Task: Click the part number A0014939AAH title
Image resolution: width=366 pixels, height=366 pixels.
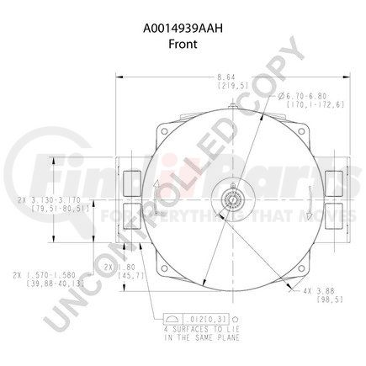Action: (x=183, y=12)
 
